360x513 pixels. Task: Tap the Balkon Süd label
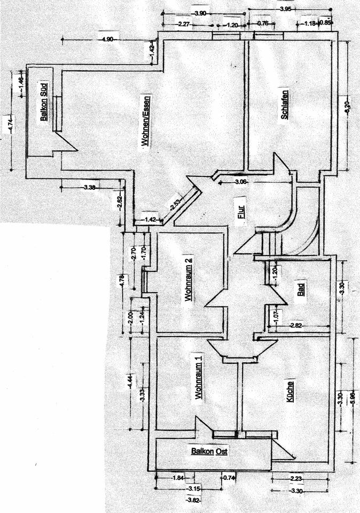click(x=45, y=102)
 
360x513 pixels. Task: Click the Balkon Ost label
click(x=209, y=452)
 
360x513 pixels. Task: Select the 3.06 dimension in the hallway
click(x=241, y=183)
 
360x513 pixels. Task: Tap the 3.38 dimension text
click(x=90, y=187)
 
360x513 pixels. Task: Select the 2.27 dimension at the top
click(x=184, y=24)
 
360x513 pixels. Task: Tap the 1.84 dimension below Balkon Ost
click(x=177, y=478)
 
